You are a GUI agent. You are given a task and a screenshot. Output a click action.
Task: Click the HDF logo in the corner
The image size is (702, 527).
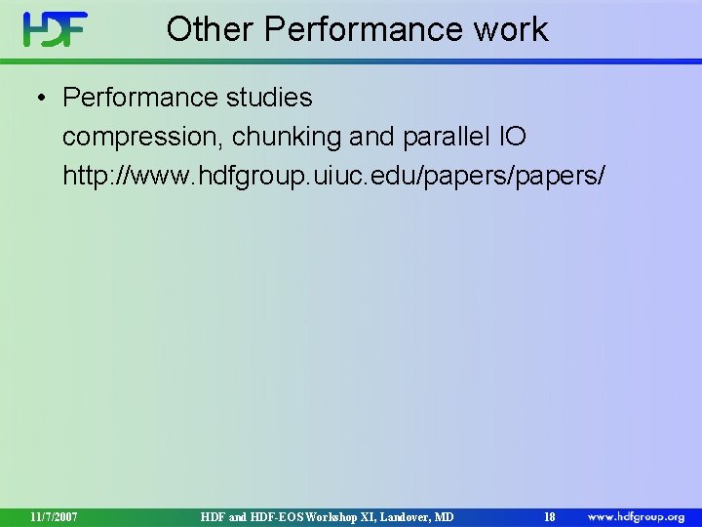click(56, 29)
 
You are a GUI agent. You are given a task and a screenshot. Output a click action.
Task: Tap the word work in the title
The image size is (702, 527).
click(512, 29)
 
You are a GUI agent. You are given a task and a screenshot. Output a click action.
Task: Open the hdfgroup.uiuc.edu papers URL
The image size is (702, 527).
click(334, 176)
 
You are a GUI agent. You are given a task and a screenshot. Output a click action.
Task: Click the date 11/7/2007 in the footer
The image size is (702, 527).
click(55, 515)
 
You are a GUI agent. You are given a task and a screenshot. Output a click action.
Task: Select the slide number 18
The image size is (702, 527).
click(550, 515)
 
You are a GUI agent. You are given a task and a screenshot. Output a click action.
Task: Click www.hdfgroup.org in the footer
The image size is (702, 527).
click(636, 515)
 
